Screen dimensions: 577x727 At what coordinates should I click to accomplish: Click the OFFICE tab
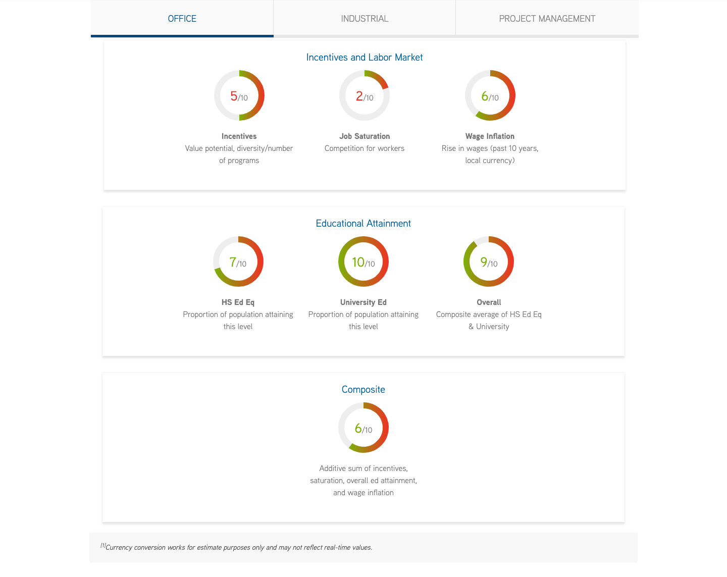pyautogui.click(x=182, y=19)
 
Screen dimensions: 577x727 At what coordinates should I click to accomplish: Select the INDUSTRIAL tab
pyautogui.click(x=365, y=19)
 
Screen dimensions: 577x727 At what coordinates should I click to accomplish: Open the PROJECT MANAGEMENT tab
pyautogui.click(x=547, y=19)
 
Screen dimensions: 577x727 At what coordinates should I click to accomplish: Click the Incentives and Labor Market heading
pyautogui.click(x=364, y=58)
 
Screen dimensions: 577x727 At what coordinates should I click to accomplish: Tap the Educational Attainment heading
pyautogui.click(x=363, y=224)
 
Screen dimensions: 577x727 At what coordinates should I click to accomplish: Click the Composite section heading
pyautogui.click(x=363, y=390)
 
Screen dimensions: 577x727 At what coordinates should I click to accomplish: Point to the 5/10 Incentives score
pyautogui.click(x=239, y=96)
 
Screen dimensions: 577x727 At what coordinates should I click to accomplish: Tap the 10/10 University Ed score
pyautogui.click(x=363, y=262)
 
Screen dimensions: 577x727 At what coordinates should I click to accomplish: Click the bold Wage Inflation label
pyautogui.click(x=490, y=136)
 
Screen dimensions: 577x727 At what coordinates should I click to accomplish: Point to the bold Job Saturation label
pyautogui.click(x=365, y=136)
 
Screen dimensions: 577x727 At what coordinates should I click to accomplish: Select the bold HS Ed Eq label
pyautogui.click(x=238, y=302)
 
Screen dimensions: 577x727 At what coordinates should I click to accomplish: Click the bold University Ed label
pyautogui.click(x=363, y=302)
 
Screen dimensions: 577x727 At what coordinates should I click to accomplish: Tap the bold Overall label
pyautogui.click(x=489, y=302)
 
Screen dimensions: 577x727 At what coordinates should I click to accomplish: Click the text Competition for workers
pyautogui.click(x=365, y=148)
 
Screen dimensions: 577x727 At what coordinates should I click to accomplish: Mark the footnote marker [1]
pyautogui.click(x=103, y=545)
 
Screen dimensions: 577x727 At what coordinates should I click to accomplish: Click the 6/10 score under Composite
pyautogui.click(x=363, y=428)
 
